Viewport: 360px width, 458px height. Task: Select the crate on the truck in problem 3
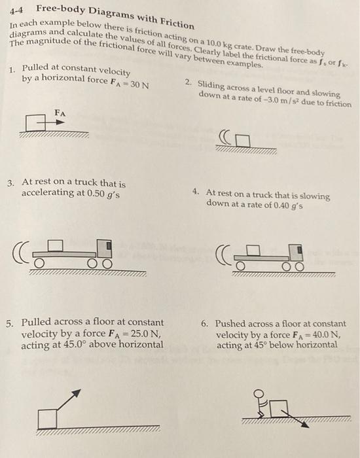[x=56, y=245]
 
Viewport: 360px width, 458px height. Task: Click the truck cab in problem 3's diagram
[x=104, y=248]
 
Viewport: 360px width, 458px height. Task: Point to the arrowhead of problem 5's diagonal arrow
[x=77, y=392]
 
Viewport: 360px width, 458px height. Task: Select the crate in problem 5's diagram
[x=46, y=417]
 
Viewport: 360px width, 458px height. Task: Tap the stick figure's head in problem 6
[x=260, y=394]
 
